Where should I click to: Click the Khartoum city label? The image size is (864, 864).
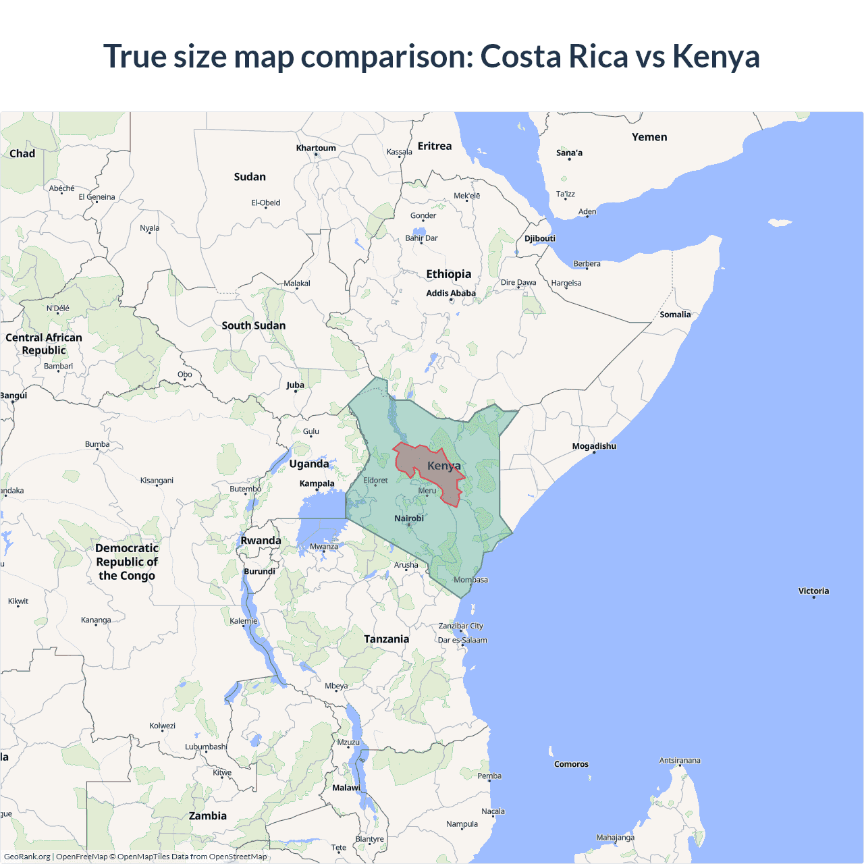316,148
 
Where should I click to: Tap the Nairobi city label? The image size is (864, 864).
409,518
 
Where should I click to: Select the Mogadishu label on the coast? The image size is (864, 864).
594,446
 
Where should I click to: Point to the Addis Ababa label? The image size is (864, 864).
451,293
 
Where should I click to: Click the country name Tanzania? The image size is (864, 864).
386,639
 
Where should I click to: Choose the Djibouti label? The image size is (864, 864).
540,238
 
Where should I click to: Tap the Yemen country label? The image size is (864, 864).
649,137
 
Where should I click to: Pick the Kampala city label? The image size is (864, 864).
317,483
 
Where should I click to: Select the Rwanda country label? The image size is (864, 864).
261,541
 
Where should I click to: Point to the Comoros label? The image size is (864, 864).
571,764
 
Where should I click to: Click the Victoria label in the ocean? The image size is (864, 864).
813,591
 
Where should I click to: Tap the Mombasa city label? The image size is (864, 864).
470,580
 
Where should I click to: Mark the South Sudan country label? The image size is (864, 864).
254,325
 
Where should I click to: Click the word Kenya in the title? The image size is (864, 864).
716,56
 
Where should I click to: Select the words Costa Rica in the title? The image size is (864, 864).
554,56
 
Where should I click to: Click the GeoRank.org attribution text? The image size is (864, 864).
27,857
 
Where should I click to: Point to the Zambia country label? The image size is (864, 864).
208,816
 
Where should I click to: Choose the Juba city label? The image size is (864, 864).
295,385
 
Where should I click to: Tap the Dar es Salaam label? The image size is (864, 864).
462,640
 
